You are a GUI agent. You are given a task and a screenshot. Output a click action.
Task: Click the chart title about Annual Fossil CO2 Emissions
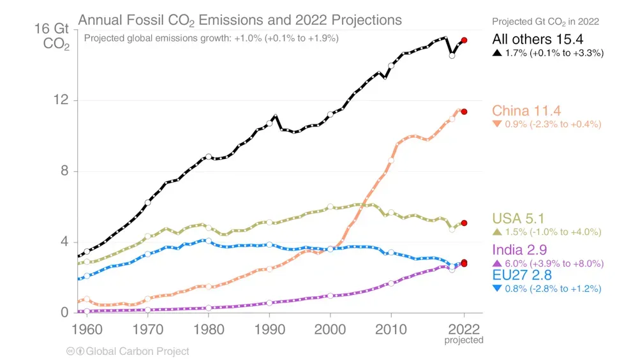coord(240,20)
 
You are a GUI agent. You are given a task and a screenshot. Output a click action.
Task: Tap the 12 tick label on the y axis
coord(61,100)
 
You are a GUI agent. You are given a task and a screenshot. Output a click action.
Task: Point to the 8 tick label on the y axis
coord(64,170)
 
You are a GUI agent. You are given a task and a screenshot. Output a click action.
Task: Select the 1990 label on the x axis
coord(269,329)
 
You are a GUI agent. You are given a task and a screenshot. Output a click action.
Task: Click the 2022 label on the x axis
coord(464,329)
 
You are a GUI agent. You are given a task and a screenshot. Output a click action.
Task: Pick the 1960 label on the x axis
coord(87,329)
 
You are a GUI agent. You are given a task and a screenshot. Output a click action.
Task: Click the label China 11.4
coord(526,111)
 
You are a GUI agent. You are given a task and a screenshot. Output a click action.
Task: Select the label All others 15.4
coord(537,39)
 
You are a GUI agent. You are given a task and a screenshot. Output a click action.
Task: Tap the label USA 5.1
coord(518,219)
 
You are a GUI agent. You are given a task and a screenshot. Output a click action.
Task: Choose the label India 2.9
coord(519,250)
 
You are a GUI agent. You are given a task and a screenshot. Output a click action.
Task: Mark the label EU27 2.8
coord(522,275)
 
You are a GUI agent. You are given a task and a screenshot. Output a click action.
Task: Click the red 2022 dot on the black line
coord(464,40)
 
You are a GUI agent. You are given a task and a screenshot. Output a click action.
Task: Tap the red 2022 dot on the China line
coord(464,112)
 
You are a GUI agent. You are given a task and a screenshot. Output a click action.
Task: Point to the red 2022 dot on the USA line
coord(464,223)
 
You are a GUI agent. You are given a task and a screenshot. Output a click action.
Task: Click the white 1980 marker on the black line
coord(209,157)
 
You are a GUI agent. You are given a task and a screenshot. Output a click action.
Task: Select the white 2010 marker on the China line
coord(391,160)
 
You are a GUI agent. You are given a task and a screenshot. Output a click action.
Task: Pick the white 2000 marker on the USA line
coord(330,207)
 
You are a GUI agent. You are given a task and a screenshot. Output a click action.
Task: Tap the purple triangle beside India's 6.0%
coord(497,264)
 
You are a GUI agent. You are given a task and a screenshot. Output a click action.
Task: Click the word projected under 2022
coord(464,340)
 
